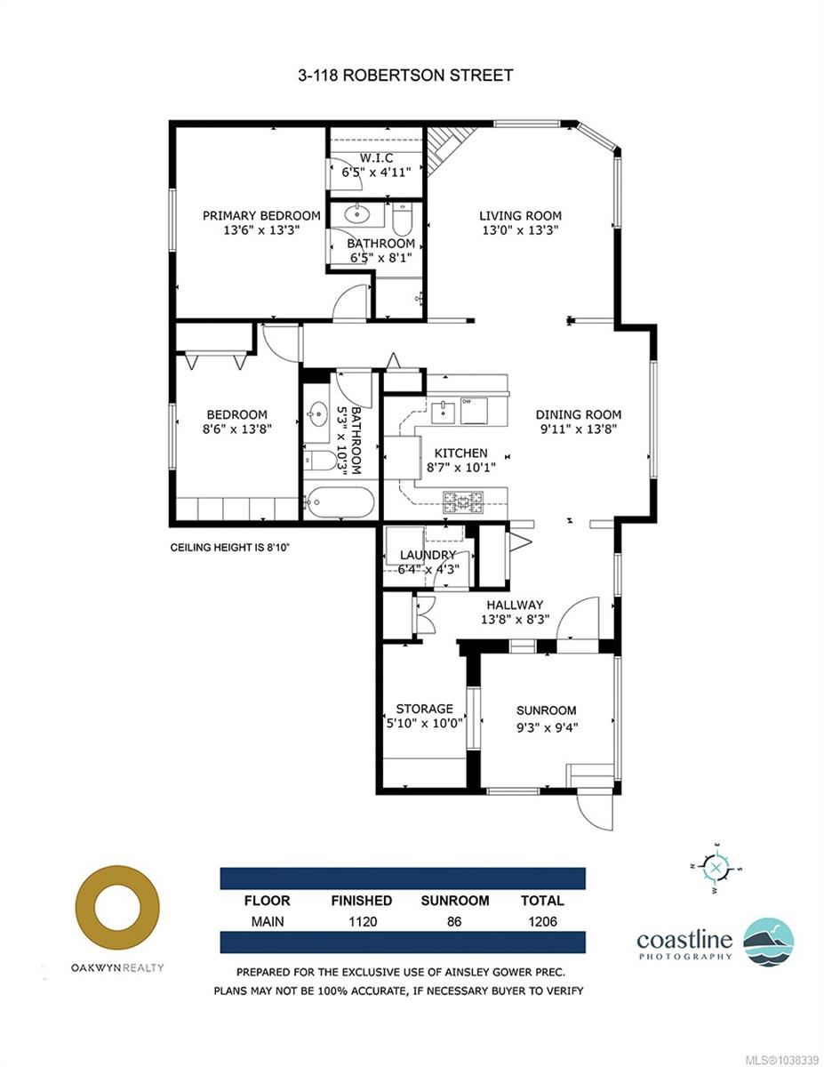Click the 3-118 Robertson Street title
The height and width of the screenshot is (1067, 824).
[405, 75]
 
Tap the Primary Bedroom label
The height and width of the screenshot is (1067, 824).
[261, 215]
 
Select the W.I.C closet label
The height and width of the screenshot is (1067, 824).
[376, 158]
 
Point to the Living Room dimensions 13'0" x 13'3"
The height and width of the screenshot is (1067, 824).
[520, 229]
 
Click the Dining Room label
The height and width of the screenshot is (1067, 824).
[578, 414]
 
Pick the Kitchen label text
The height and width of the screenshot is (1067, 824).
[460, 453]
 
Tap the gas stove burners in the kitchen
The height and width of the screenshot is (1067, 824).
[463, 501]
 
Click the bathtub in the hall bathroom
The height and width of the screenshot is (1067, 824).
[339, 501]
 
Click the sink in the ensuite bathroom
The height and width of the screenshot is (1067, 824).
[358, 214]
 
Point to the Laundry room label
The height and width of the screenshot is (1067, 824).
[428, 555]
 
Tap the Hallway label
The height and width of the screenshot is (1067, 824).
[515, 605]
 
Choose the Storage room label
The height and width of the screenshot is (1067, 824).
[425, 709]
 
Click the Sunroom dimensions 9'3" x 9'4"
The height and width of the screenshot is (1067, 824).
[547, 726]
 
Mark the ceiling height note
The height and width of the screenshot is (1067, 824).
[230, 547]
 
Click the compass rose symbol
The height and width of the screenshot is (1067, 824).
[716, 868]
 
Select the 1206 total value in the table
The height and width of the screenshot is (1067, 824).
[542, 922]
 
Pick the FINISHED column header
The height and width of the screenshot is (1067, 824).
[361, 901]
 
